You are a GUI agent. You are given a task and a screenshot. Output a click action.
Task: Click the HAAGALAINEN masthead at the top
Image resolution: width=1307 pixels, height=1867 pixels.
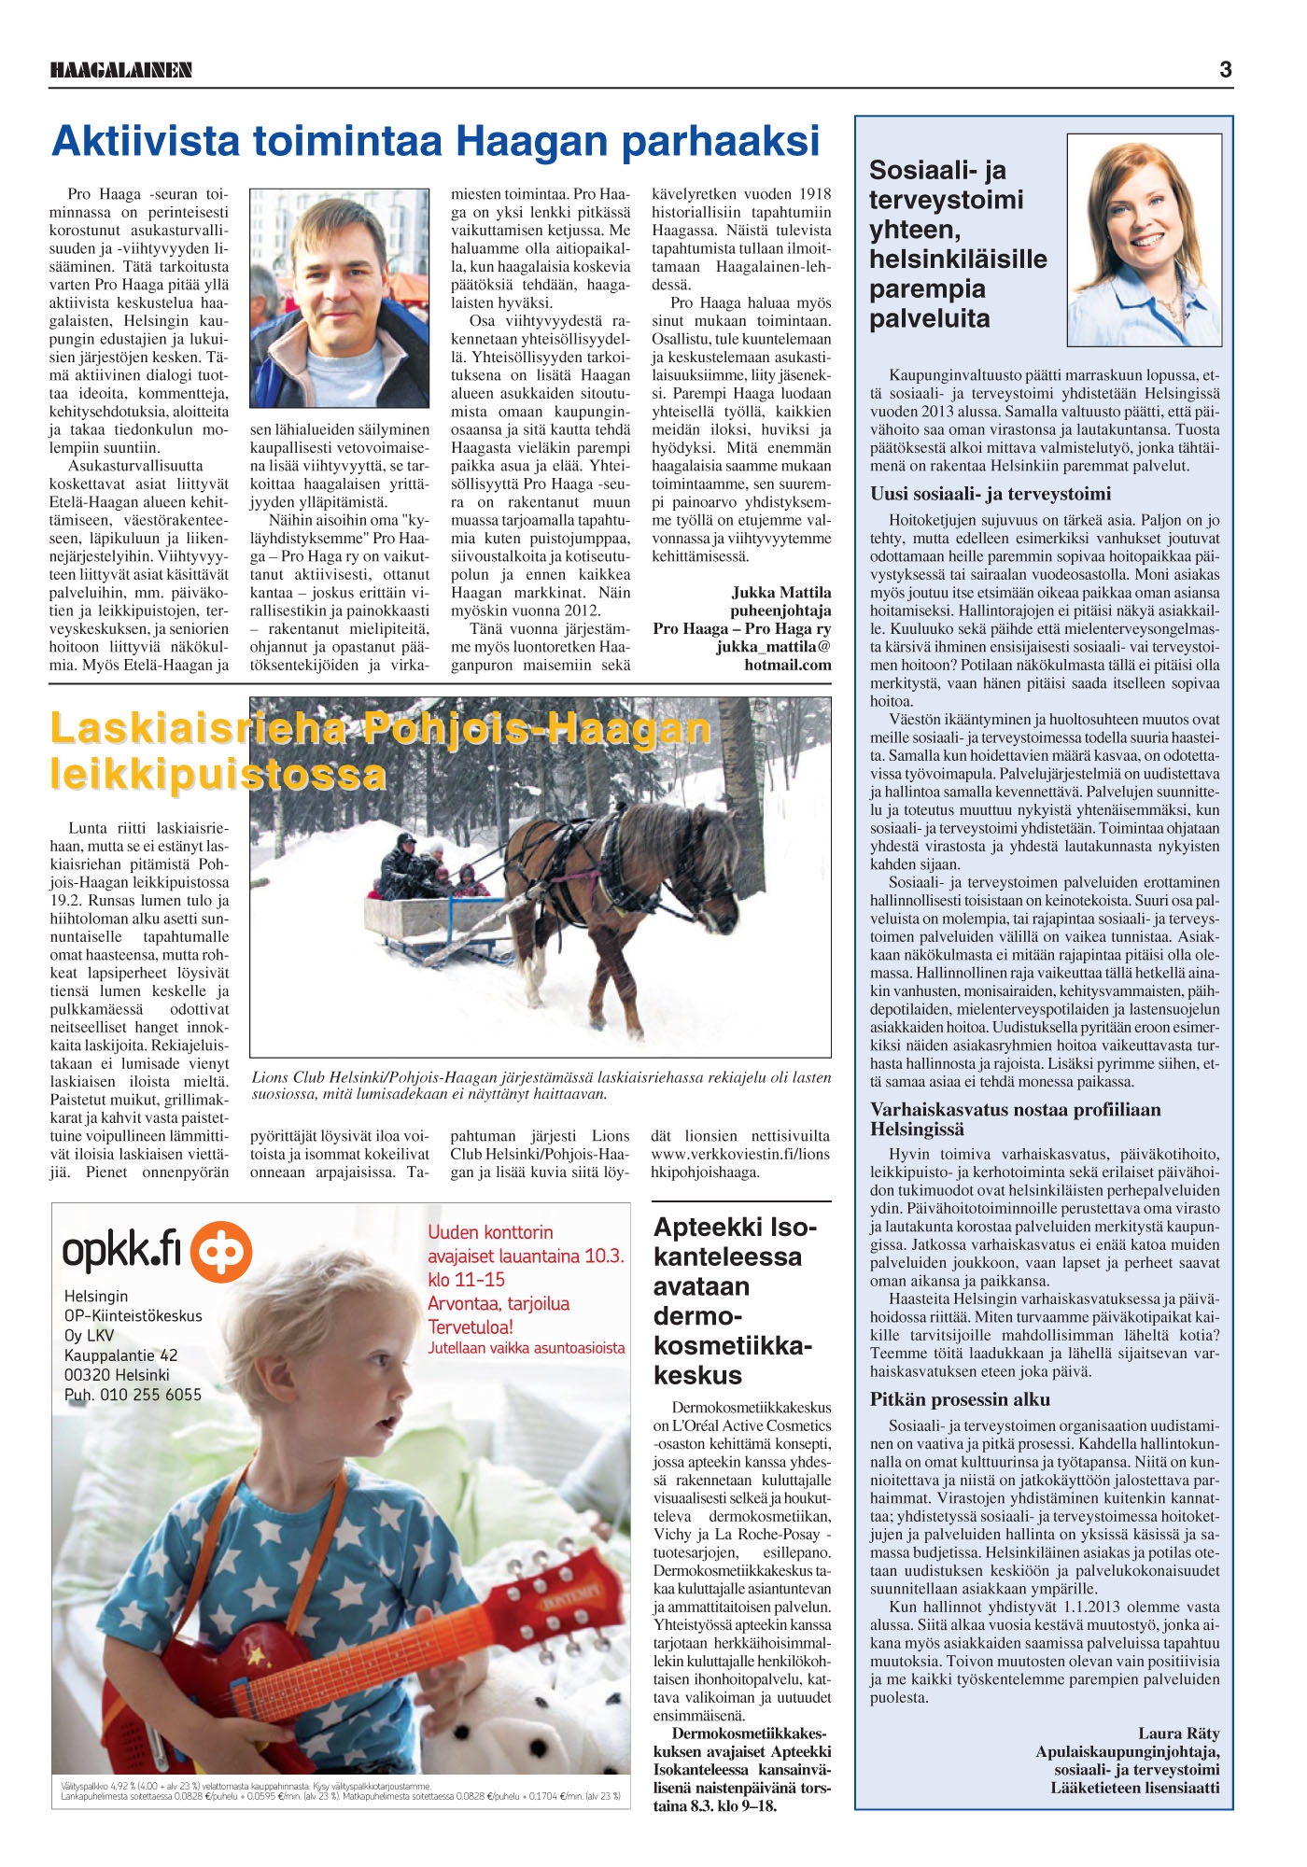120,70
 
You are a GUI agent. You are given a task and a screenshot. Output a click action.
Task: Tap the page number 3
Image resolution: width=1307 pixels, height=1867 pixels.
1225,69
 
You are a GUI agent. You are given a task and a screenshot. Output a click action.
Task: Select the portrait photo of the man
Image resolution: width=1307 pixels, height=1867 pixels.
339,298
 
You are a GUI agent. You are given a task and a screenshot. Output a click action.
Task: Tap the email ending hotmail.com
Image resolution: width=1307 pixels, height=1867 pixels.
787,666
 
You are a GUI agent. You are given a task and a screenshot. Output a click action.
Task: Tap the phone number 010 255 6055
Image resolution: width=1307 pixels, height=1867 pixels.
150,1395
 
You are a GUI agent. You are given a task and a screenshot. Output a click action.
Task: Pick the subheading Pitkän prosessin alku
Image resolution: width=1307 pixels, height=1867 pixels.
960,1399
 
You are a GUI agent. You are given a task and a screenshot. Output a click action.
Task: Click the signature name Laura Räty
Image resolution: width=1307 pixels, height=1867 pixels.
1178,1734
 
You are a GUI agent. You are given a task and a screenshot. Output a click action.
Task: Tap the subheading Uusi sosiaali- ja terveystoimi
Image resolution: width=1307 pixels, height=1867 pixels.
990,494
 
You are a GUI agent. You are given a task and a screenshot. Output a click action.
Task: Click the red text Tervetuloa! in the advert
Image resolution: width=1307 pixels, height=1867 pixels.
471,1327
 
